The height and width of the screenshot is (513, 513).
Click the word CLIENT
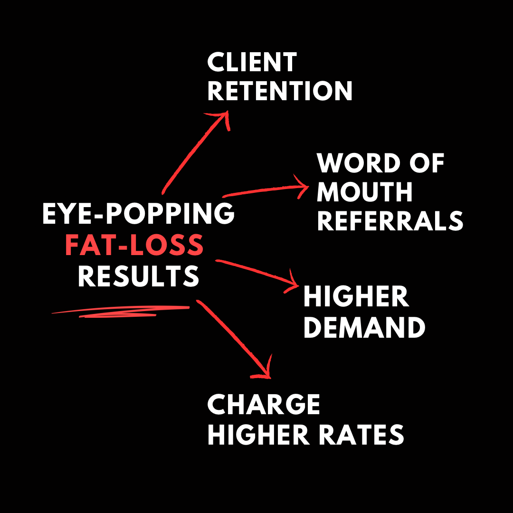click(x=252, y=63)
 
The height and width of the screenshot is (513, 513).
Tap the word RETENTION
click(x=280, y=91)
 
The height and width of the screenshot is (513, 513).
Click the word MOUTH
click(x=364, y=192)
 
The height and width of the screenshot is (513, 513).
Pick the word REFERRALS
click(x=390, y=221)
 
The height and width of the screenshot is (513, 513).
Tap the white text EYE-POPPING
click(x=138, y=215)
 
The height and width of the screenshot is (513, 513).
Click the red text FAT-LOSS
click(x=134, y=245)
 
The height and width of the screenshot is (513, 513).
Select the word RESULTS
click(x=138, y=276)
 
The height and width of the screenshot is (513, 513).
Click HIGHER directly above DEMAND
click(x=356, y=297)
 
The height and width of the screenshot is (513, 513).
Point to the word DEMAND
click(x=364, y=328)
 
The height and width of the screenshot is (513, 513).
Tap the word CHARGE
click(x=264, y=405)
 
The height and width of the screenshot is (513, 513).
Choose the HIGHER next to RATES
click(x=257, y=435)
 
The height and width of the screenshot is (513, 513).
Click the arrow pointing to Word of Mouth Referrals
click(x=266, y=191)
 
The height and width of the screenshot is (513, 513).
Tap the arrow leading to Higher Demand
click(x=256, y=272)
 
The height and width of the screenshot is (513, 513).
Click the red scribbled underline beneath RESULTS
click(x=121, y=311)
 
